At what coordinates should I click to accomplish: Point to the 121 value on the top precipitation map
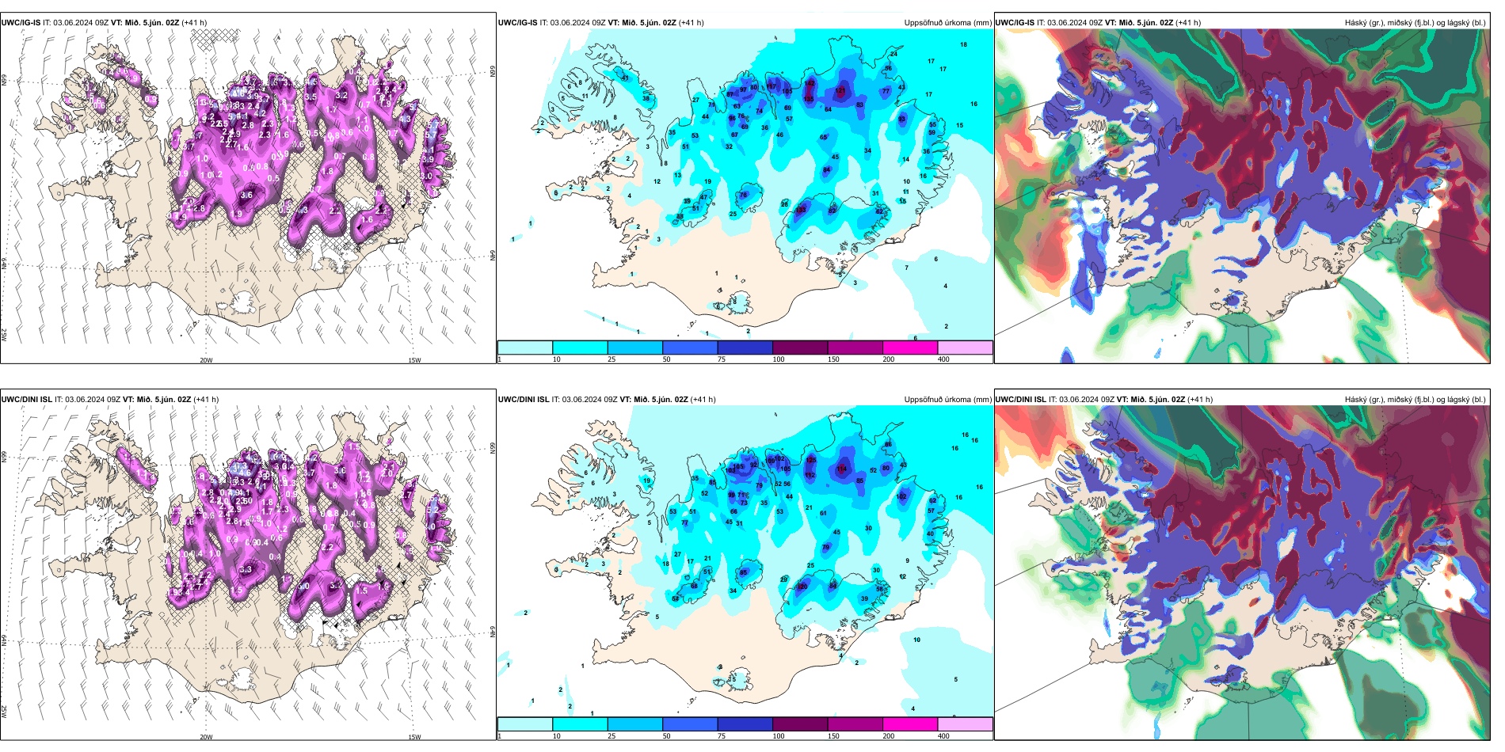click(x=840, y=91)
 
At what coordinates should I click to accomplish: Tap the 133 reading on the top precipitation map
click(x=801, y=210)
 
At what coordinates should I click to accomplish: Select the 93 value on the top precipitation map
click(x=901, y=120)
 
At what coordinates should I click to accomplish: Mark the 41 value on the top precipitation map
click(x=625, y=78)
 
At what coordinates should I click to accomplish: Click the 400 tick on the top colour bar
click(x=943, y=359)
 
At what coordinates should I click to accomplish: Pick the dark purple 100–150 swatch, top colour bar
click(x=800, y=348)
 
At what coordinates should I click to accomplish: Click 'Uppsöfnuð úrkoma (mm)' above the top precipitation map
click(x=947, y=23)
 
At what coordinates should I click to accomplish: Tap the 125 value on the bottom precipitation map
click(x=811, y=460)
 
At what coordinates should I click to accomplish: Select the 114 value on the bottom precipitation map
click(x=841, y=469)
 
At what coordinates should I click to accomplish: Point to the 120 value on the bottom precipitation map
click(x=802, y=587)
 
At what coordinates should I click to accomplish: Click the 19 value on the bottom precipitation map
click(x=647, y=480)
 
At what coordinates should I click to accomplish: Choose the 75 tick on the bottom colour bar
click(x=722, y=736)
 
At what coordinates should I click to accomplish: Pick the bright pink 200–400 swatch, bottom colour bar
click(x=910, y=724)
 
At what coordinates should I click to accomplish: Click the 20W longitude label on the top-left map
click(x=206, y=360)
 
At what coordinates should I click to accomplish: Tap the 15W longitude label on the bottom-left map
click(x=414, y=737)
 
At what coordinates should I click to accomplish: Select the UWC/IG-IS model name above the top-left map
click(x=21, y=23)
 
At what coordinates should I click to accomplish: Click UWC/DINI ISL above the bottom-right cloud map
click(x=1020, y=400)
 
